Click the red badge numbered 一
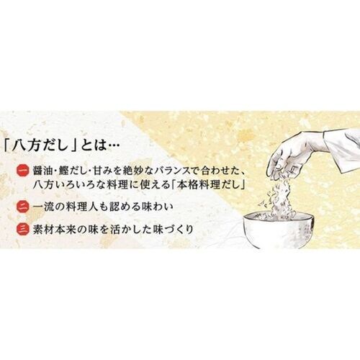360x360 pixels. (23, 171)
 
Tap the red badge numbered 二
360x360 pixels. (23, 207)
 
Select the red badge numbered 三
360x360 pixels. (23, 229)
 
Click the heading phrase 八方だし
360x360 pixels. (40, 145)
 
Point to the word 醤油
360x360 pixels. (42, 171)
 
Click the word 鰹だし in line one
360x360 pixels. (70, 171)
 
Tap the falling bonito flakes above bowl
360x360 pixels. (282, 197)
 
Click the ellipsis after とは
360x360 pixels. (113, 145)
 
